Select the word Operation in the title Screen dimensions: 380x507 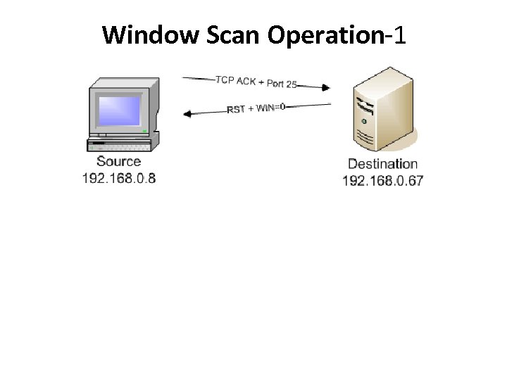(325, 34)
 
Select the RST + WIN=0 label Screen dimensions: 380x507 (256, 108)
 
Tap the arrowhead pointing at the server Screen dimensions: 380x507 (325, 88)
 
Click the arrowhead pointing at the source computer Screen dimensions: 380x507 (187, 113)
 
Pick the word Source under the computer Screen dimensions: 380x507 (118, 162)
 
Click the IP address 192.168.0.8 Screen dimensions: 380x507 (118, 178)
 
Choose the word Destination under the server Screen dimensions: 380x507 (382, 164)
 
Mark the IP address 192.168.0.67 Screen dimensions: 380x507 (382, 181)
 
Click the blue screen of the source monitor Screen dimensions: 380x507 (120, 110)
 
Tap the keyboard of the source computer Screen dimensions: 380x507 (118, 145)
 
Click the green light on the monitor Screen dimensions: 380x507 (144, 131)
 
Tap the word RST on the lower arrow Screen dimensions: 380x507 (235, 110)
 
